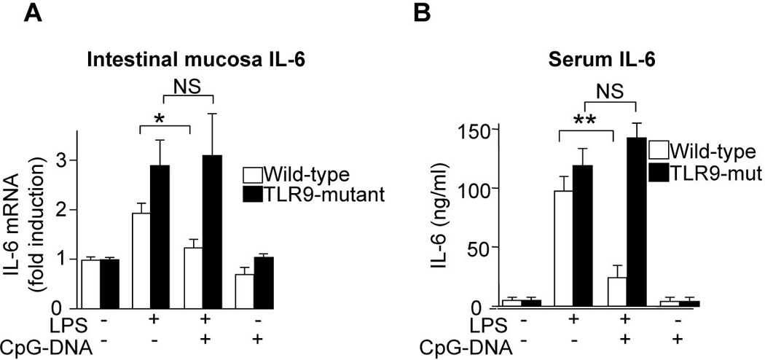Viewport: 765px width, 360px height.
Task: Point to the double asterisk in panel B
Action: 587,119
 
